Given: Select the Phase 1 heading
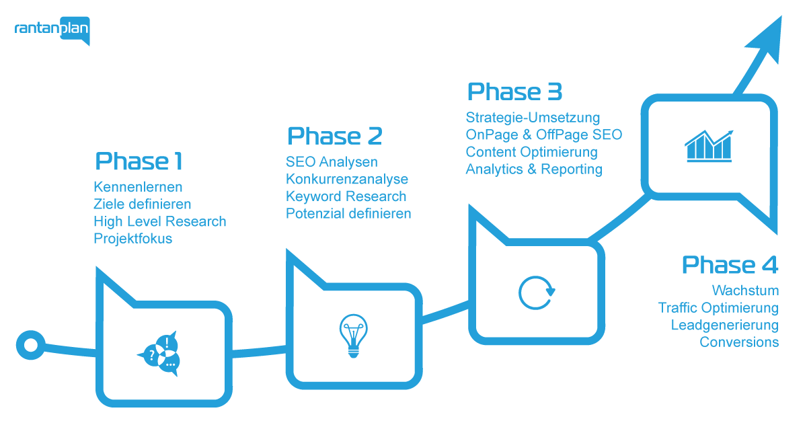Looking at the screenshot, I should (x=139, y=161).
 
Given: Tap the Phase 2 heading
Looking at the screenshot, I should (x=334, y=136).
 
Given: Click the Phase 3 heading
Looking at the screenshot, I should (x=514, y=91).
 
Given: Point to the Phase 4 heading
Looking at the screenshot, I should (x=730, y=265).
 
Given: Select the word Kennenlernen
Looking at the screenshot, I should (x=138, y=186).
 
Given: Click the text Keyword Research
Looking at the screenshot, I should (x=346, y=196).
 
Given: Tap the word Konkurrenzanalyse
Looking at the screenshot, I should (x=346, y=180).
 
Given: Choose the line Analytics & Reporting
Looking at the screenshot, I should (x=533, y=169).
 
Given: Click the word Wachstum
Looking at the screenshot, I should (x=745, y=291).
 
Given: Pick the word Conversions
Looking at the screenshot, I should (x=739, y=342).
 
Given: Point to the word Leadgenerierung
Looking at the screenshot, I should (x=725, y=325).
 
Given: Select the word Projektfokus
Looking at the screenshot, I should (x=132, y=239).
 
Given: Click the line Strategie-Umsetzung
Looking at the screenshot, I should (x=533, y=118).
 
